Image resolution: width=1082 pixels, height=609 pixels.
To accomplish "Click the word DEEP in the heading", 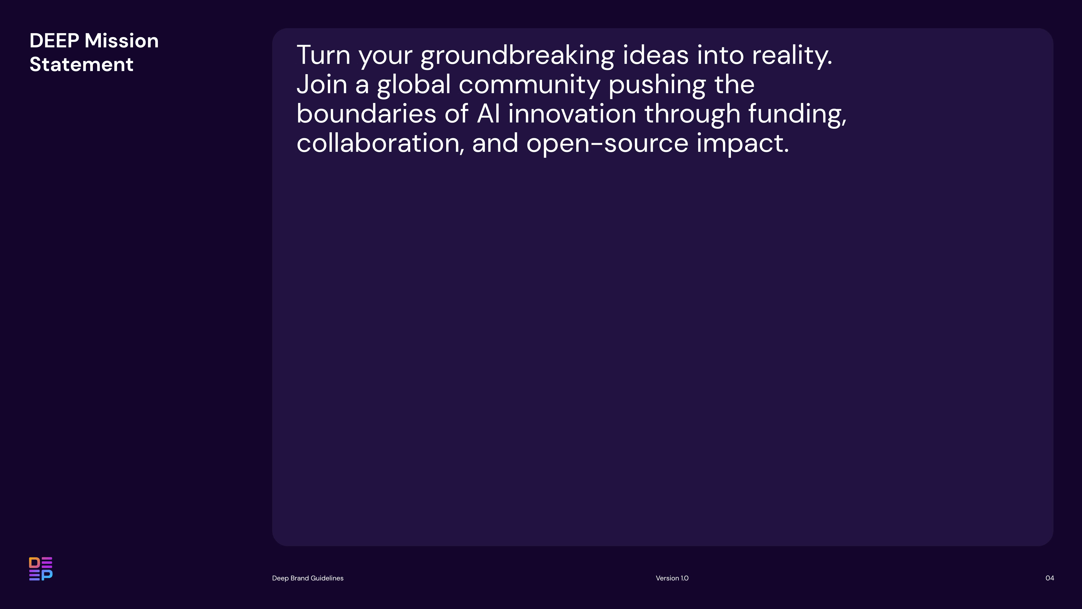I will tap(54, 41).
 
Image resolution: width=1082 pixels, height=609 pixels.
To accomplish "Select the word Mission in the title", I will tap(121, 41).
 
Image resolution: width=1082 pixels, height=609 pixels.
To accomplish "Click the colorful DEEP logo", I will tap(41, 569).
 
